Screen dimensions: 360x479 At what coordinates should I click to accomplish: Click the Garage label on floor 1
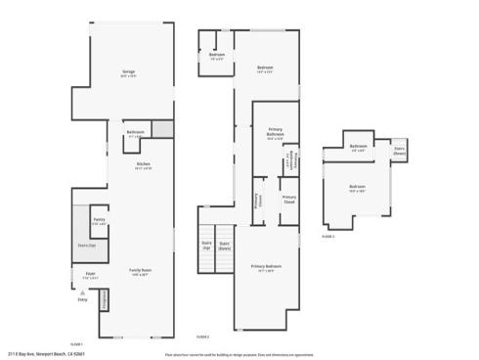(x=128, y=71)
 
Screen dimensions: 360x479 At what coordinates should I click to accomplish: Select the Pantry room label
(x=99, y=220)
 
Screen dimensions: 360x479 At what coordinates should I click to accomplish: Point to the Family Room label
(x=141, y=271)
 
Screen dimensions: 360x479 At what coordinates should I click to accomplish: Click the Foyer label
(x=90, y=274)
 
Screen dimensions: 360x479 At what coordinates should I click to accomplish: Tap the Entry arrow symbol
(x=82, y=292)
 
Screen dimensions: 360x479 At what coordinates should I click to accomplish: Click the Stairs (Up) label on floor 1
(x=87, y=246)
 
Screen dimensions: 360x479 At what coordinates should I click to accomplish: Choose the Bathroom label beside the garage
(x=136, y=132)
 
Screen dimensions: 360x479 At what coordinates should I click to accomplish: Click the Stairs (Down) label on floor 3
(x=400, y=152)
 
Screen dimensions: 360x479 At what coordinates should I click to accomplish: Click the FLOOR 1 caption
(x=76, y=343)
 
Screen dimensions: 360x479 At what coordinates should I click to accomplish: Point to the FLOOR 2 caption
(x=202, y=336)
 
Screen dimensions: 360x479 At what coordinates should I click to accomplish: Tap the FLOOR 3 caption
(x=328, y=236)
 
